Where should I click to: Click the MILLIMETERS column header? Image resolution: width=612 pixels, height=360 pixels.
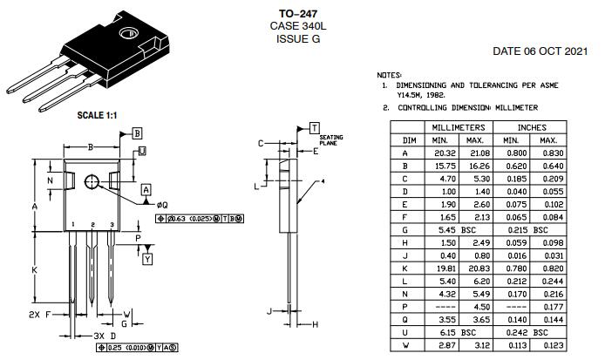[x=457, y=127]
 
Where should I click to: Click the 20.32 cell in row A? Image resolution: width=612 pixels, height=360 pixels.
[x=439, y=153]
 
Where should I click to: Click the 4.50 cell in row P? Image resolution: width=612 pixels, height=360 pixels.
[x=474, y=307]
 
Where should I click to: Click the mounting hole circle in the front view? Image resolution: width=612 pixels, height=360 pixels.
[x=92, y=180]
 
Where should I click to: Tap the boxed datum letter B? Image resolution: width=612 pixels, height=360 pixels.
[x=137, y=132]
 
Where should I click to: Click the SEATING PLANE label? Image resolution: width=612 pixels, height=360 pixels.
[x=331, y=140]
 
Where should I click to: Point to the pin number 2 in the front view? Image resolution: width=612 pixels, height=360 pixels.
[x=92, y=225]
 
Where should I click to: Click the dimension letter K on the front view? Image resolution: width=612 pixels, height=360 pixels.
[x=34, y=270]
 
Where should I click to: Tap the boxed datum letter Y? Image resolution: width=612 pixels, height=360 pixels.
[x=146, y=259]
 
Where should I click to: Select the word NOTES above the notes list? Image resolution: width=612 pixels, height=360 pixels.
[x=389, y=76]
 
